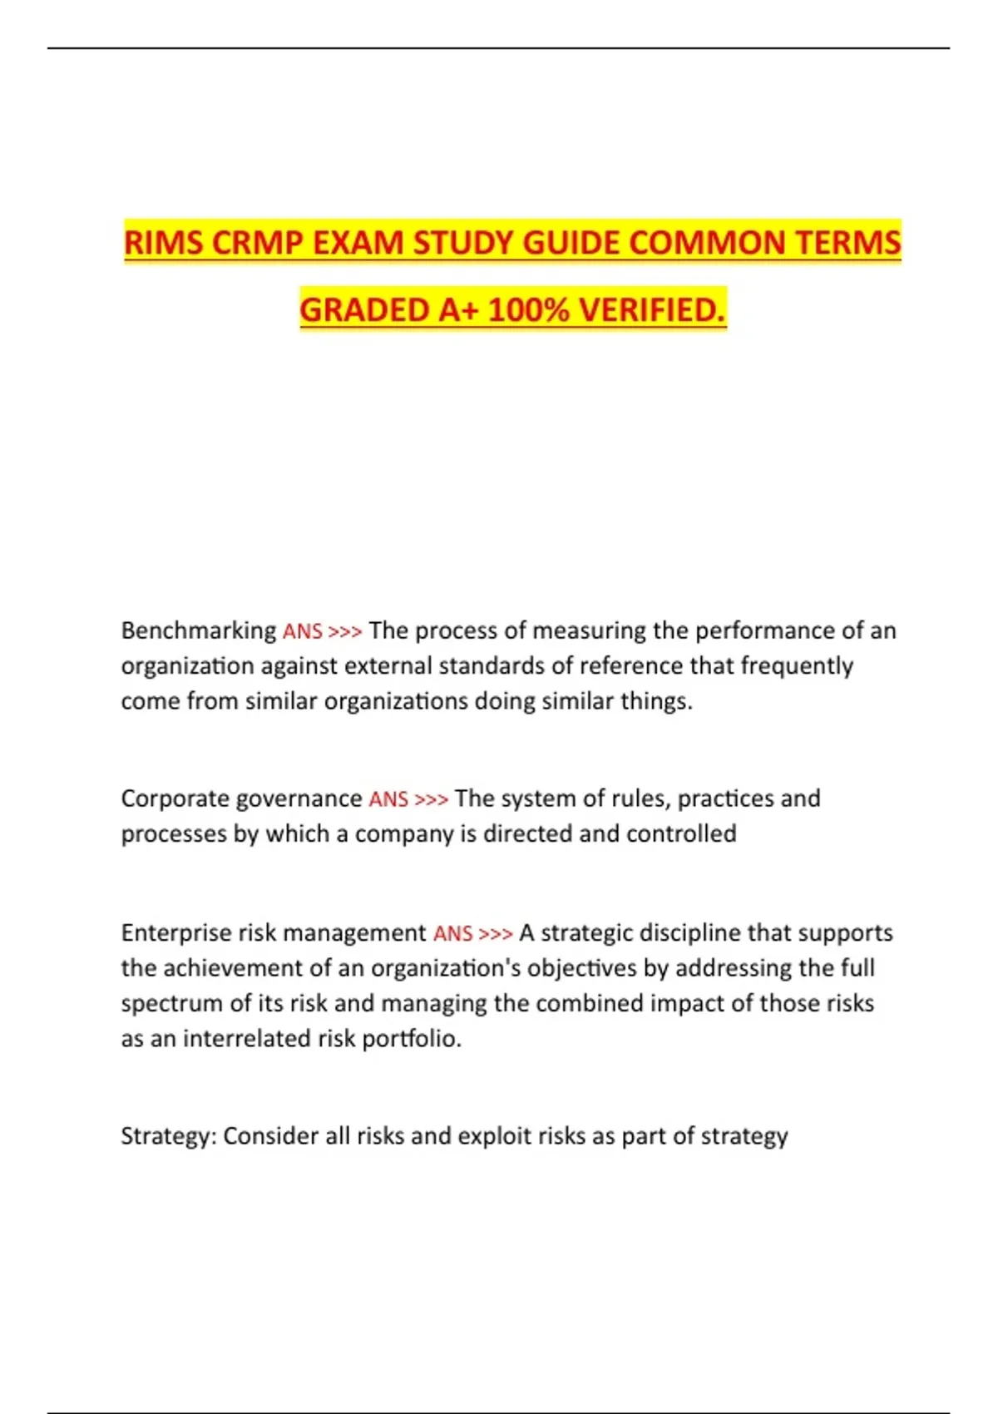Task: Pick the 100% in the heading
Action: point(529,310)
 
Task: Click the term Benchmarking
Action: point(199,631)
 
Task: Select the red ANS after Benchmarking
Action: point(303,632)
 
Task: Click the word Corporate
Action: point(175,799)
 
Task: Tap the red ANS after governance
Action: point(388,800)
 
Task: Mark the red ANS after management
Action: point(453,934)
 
